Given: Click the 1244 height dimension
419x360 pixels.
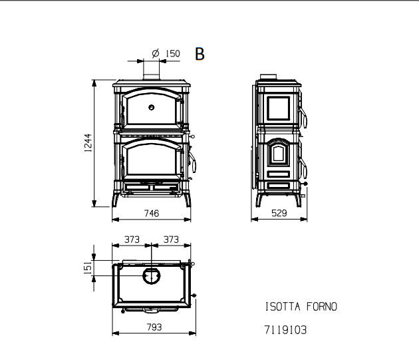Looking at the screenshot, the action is coord(88,143).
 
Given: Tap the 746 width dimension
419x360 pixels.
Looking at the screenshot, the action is coord(152,214).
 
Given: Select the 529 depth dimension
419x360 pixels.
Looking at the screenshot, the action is coord(279,213).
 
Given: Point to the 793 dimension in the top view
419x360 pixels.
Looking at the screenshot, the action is coord(154,327).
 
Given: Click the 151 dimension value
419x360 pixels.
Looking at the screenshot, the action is coord(88,268).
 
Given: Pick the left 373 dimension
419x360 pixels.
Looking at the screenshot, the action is coord(132,240).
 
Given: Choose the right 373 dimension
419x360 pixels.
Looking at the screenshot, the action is coord(171,240).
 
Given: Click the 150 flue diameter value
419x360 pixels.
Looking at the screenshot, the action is coord(173,53).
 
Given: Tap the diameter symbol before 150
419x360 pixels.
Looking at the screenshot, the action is coord(156,53).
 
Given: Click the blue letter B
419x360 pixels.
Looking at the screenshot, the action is coord(200,54).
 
